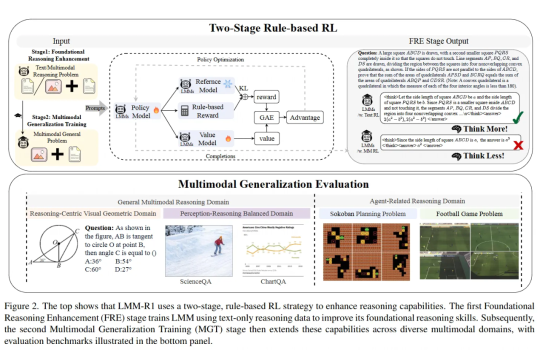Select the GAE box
(266, 118)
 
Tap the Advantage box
(304, 118)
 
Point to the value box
(266, 138)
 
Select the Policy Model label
(140, 111)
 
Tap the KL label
(243, 88)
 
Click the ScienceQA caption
(195, 281)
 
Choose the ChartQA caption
(273, 281)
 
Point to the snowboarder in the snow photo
(218, 245)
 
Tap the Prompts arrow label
(95, 108)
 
